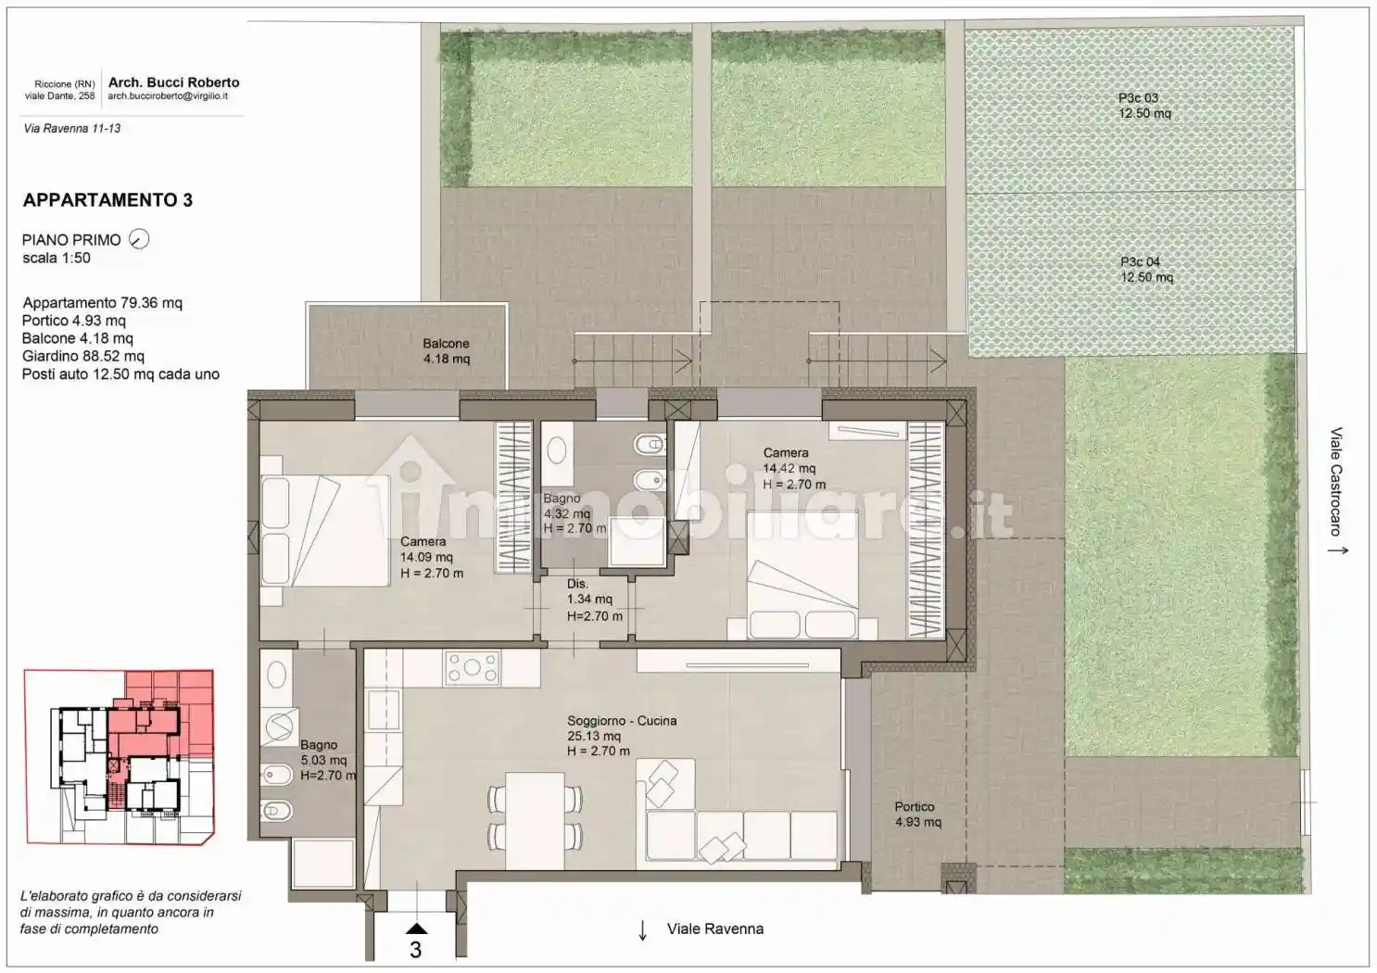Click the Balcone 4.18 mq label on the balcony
tap(446, 351)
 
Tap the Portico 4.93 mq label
tap(917, 815)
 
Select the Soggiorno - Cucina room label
tap(622, 736)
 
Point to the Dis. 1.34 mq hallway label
tap(594, 600)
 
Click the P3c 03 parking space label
tap(1144, 106)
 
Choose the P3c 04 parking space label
tap(1146, 270)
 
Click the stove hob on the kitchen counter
tap(472, 667)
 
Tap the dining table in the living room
tap(535, 820)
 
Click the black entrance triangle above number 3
tap(416, 929)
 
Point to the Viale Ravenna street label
tap(715, 929)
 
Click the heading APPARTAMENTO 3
tap(107, 200)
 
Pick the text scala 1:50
tap(57, 259)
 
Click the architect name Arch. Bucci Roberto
tap(174, 82)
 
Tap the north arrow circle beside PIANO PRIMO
tap(139, 238)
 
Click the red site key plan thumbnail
tap(120, 757)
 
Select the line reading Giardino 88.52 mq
tap(83, 356)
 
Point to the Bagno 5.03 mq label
tap(328, 760)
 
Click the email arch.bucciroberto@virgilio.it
tap(168, 96)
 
